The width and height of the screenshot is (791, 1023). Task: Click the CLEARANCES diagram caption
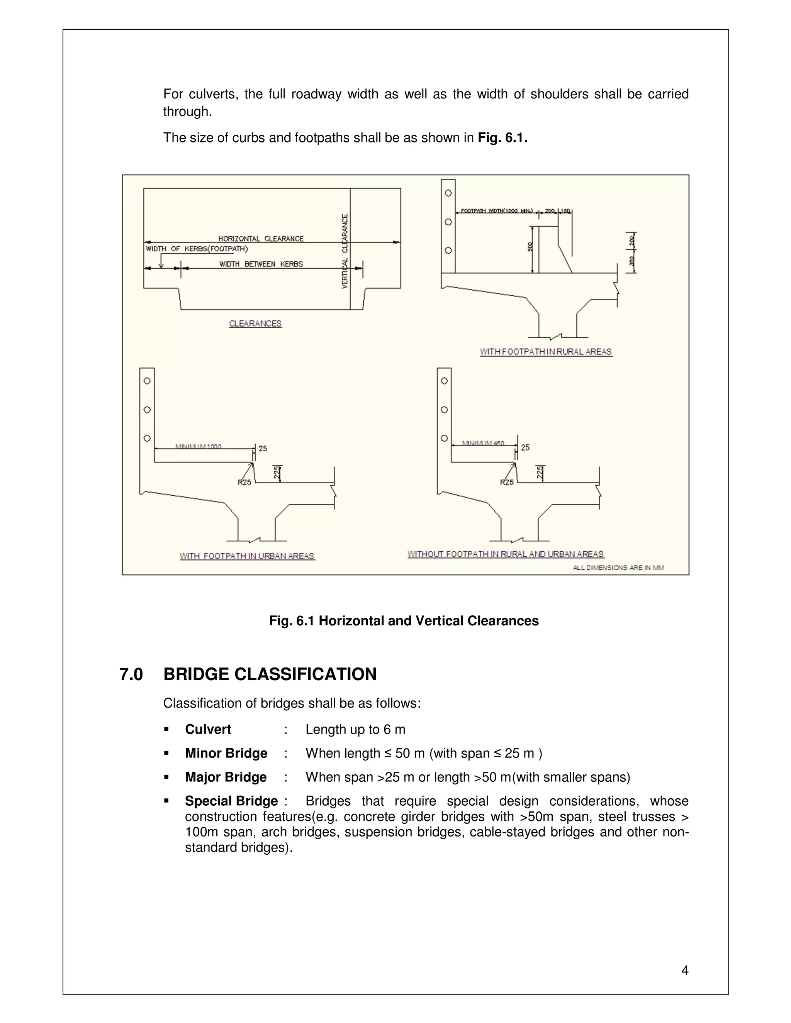pos(255,323)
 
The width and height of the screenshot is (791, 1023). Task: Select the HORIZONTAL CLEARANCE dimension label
pos(261,239)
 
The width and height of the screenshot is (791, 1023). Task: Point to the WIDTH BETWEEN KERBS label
pos(261,264)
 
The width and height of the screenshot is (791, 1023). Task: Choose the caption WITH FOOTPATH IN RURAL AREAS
pos(545,351)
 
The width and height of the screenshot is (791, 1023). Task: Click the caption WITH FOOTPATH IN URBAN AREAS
pos(247,556)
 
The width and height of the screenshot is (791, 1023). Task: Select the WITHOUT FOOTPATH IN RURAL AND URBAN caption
pos(505,554)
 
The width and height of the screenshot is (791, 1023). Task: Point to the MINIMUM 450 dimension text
pos(483,443)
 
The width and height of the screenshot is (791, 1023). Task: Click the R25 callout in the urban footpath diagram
pos(244,483)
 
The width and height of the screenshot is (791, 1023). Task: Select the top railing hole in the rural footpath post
pos(448,193)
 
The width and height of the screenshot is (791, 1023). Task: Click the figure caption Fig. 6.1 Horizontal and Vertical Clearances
pos(404,621)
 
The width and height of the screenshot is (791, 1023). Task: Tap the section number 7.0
pos(131,674)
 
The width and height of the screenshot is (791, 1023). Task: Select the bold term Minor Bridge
pos(226,753)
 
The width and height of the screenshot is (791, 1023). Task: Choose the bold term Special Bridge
pos(231,801)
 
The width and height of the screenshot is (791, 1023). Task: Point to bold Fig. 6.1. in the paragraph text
pos(502,138)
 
